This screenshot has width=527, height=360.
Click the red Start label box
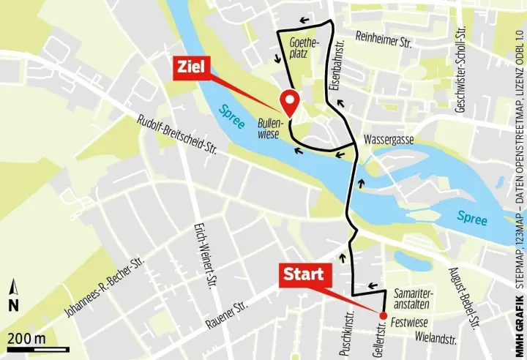(304, 275)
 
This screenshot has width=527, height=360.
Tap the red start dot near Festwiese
(383, 315)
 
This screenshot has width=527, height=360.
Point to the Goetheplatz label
(304, 48)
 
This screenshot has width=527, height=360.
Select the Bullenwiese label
(272, 129)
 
